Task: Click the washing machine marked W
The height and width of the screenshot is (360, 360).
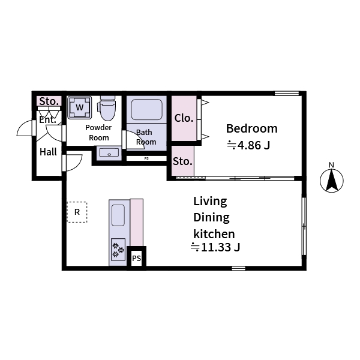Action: tap(79, 108)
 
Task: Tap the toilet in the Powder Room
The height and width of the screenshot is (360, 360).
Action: tap(107, 109)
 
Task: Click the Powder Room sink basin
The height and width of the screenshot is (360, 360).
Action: tap(109, 153)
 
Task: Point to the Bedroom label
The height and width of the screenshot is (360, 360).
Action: tap(251, 128)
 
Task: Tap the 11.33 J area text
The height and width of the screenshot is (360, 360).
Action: tap(215, 247)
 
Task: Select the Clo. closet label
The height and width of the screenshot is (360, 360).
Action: tap(184, 118)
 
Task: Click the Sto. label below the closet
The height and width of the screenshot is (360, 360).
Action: tap(182, 161)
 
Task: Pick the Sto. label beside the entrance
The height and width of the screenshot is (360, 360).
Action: tap(49, 101)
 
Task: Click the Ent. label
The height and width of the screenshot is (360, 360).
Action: tap(47, 119)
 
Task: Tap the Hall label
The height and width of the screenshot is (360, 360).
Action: tap(48, 152)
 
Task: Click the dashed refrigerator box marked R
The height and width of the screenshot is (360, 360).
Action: tap(77, 212)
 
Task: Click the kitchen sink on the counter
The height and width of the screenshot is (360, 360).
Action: tap(118, 215)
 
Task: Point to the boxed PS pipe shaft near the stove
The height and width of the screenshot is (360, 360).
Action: tap(136, 259)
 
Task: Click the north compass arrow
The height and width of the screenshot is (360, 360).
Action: tap(331, 181)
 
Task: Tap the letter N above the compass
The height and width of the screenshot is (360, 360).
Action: tap(331, 165)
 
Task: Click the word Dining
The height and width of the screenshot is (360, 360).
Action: tap(211, 218)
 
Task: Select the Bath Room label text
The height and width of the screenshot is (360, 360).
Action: tap(146, 137)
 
